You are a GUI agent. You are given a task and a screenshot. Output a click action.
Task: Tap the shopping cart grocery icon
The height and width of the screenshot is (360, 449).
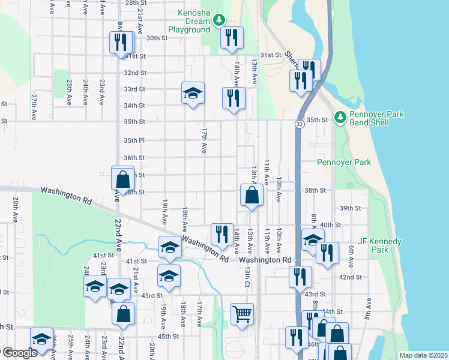click(242, 314)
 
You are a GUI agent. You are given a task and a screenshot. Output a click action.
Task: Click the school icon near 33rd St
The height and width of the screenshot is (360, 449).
click(193, 94)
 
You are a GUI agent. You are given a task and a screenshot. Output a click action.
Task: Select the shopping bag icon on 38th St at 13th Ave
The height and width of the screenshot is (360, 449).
click(252, 195)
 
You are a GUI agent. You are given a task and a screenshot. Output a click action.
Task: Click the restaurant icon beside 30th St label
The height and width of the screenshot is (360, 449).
click(121, 42)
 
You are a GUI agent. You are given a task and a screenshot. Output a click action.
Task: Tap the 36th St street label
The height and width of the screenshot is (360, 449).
click(134, 158)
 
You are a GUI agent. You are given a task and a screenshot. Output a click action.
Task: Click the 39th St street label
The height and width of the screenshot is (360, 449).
click(349, 208)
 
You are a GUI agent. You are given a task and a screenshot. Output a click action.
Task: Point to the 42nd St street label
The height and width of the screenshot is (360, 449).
click(350, 277)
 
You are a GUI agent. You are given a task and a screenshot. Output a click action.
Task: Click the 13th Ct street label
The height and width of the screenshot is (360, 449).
click(247, 277)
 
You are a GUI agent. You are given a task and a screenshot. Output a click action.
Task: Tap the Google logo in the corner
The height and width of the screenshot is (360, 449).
click(20, 353)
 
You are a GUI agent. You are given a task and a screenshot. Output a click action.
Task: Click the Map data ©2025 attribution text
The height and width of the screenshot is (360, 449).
click(423, 355)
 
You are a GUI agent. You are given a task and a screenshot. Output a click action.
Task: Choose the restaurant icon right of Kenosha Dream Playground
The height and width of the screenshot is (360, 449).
click(231, 37)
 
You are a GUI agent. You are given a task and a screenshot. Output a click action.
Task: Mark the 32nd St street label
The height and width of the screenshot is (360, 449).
click(134, 73)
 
